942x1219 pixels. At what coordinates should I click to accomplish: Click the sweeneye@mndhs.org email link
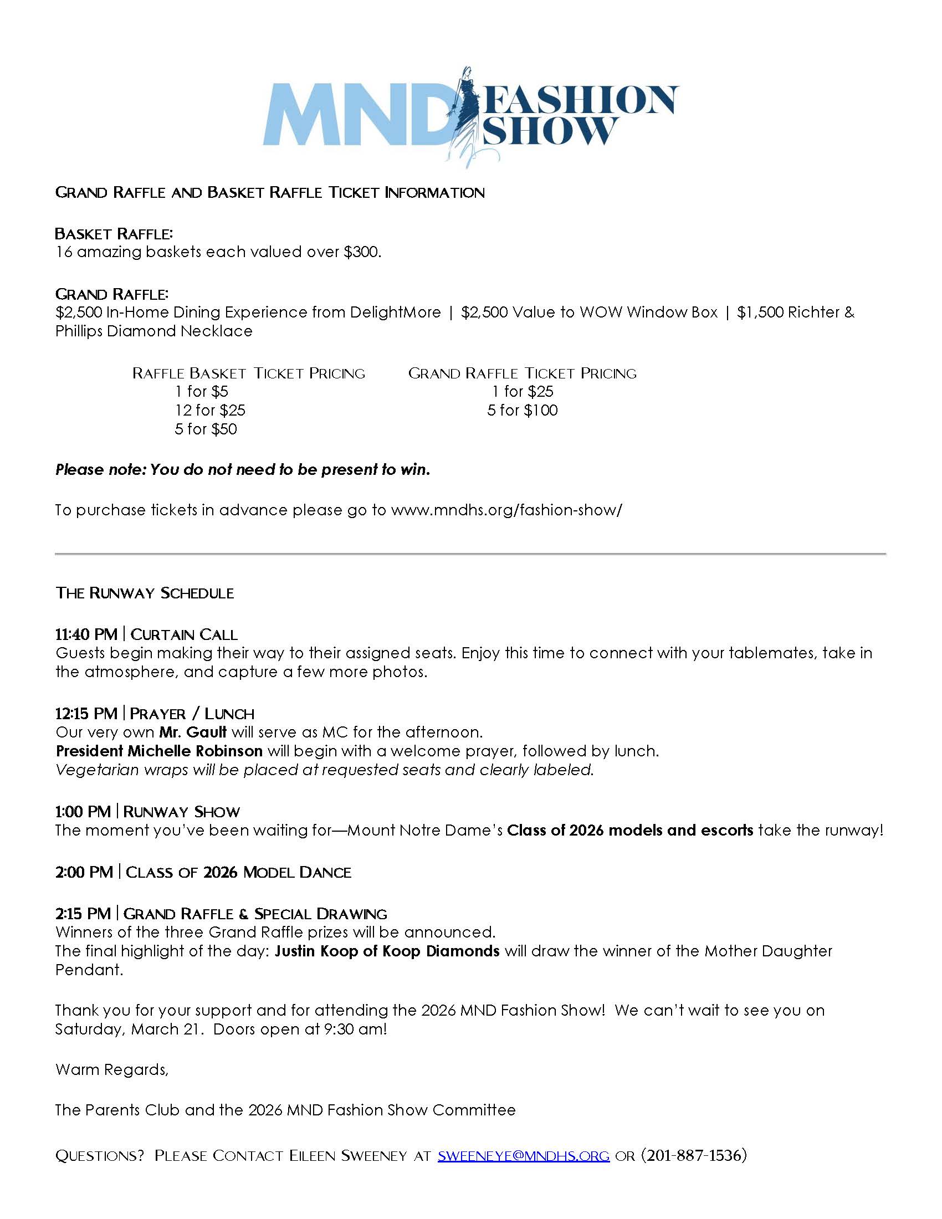click(x=523, y=1155)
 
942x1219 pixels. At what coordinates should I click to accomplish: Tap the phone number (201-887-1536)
click(x=694, y=1155)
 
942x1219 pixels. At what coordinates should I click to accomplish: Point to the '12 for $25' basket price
click(x=210, y=410)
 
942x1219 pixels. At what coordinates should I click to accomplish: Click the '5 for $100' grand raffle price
click(x=523, y=410)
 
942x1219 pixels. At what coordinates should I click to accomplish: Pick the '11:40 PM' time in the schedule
click(x=86, y=634)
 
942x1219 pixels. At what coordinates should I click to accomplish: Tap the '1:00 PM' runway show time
click(x=83, y=811)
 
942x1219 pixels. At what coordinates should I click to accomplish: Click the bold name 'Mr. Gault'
click(x=192, y=732)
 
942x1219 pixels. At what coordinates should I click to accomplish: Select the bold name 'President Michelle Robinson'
click(x=159, y=751)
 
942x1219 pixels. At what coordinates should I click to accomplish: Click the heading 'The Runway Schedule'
click(x=145, y=593)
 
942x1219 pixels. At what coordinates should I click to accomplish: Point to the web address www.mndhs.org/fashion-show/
click(x=506, y=510)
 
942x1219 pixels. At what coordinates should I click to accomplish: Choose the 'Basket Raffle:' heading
click(x=114, y=233)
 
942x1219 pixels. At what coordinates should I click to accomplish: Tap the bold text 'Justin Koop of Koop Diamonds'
click(x=387, y=950)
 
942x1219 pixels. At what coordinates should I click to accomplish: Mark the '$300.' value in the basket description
click(x=362, y=252)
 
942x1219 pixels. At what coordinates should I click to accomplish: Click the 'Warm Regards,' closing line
click(x=111, y=1069)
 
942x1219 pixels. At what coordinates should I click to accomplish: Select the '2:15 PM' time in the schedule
click(x=83, y=913)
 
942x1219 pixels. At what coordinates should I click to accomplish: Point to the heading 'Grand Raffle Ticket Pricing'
click(x=523, y=373)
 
